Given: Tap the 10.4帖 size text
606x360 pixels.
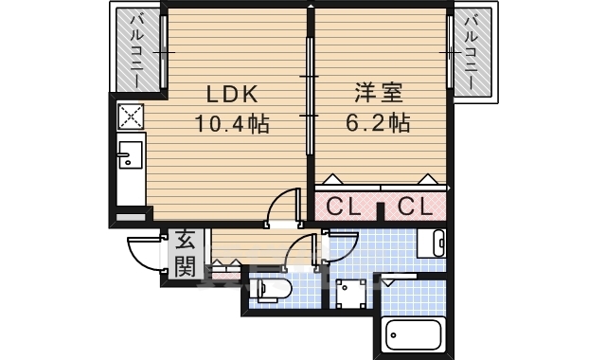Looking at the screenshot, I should pyautogui.click(x=232, y=124).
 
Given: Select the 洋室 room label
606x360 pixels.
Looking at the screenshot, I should pyautogui.click(x=379, y=95).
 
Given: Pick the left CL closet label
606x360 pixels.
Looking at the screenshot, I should pyautogui.click(x=343, y=206).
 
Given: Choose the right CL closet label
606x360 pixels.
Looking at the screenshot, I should pyautogui.click(x=414, y=206).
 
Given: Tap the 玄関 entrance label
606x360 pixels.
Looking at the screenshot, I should pyautogui.click(x=185, y=253).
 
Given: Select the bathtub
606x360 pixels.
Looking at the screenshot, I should pyautogui.click(x=414, y=334).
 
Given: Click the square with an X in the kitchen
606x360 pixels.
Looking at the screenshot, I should pyautogui.click(x=130, y=117).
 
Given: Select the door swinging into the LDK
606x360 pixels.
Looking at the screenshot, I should pyautogui.click(x=282, y=208).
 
